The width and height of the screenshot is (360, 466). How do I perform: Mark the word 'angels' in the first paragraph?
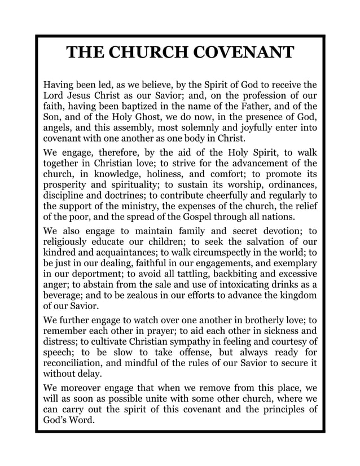pos(58,129)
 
